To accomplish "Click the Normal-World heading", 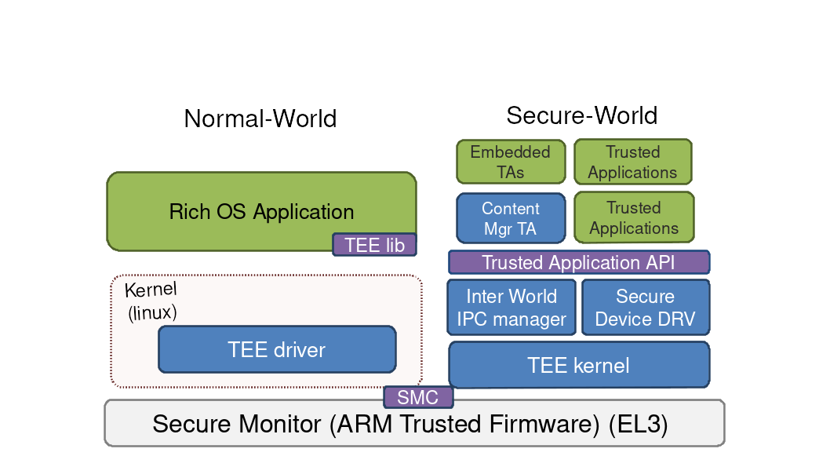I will tap(260, 119).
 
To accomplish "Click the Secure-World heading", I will tap(581, 115).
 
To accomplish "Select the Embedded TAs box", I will tap(511, 162).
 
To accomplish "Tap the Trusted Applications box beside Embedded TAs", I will tap(632, 162).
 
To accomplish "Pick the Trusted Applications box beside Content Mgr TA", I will tap(634, 217).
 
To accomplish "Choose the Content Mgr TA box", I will tap(511, 218).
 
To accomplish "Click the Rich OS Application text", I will tap(261, 212).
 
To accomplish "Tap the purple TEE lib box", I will tap(374, 245).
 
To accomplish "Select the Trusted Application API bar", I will tap(578, 262).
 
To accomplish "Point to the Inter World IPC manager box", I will tap(511, 308).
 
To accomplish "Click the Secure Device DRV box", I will tap(645, 308).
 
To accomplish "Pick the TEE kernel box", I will tap(578, 365).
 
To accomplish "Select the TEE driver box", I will tap(277, 349).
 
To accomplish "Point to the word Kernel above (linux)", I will tap(150, 290).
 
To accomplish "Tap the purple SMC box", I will tap(417, 397).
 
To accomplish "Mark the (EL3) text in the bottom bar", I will tap(638, 425).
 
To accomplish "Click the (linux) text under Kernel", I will tap(152, 312).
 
